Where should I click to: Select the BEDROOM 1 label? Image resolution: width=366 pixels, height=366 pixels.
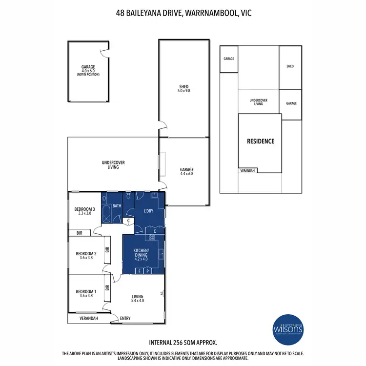click(x=86, y=292)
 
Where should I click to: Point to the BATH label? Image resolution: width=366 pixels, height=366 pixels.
click(x=117, y=206)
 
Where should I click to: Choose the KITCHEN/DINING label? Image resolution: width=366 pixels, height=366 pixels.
click(x=144, y=252)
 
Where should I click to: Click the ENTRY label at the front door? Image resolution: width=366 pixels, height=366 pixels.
click(x=125, y=319)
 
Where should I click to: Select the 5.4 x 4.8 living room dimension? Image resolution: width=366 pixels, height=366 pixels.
click(x=138, y=301)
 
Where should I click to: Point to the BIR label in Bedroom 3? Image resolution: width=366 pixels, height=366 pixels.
click(x=79, y=233)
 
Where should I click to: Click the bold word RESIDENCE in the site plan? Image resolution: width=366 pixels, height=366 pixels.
click(x=261, y=142)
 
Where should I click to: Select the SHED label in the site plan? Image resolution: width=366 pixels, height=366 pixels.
click(x=290, y=66)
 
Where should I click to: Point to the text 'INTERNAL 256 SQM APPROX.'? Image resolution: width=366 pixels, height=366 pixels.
click(x=183, y=343)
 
